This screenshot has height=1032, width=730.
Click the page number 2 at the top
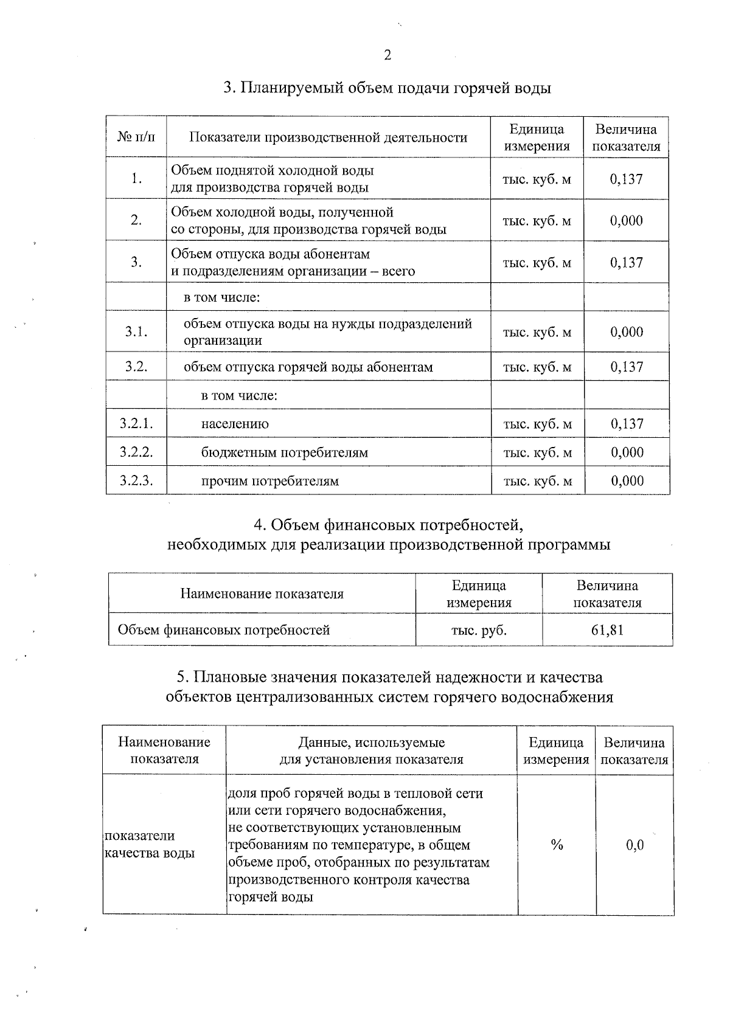click(388, 55)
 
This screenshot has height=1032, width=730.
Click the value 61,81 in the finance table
click(607, 629)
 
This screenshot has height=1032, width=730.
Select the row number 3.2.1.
click(136, 424)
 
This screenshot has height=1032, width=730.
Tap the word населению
click(235, 424)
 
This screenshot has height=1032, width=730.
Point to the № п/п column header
click(136, 137)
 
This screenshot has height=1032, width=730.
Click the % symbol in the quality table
click(556, 845)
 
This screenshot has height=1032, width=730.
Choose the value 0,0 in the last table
click(634, 845)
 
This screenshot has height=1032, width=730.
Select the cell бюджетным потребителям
click(284, 452)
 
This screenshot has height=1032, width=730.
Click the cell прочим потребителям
click(269, 481)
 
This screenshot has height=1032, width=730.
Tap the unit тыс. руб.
click(479, 630)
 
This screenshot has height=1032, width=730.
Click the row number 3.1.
click(136, 332)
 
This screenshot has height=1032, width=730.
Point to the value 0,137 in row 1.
click(626, 179)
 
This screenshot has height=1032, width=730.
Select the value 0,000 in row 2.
click(626, 221)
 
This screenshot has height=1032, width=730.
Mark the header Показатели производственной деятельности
click(328, 137)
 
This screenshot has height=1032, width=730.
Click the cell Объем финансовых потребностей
click(223, 630)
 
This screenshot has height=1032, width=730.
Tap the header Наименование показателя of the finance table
click(262, 594)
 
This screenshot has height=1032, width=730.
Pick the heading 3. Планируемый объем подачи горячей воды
click(387, 88)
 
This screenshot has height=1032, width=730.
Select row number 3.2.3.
click(136, 481)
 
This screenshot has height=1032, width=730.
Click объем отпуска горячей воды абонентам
click(308, 367)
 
